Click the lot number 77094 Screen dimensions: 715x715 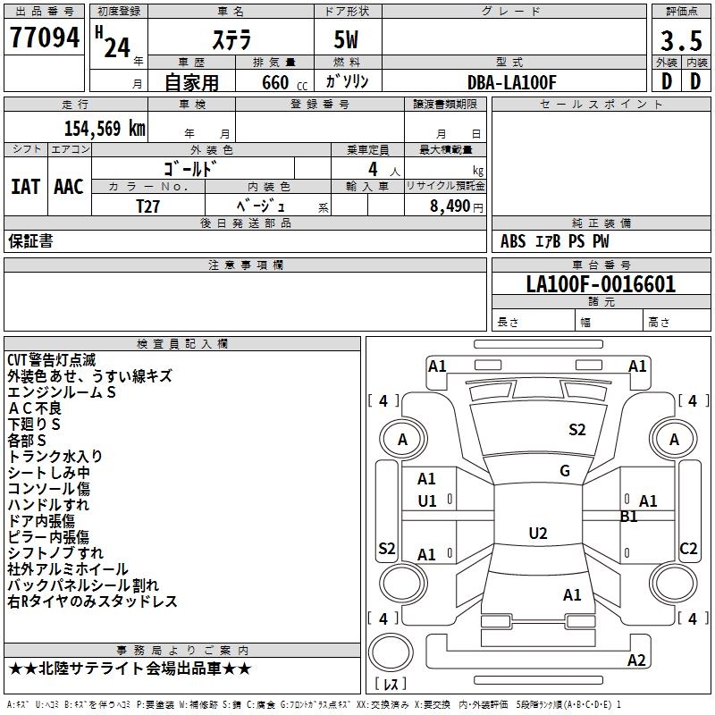[44, 38]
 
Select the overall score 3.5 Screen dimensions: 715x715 [681, 41]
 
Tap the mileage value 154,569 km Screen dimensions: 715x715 [105, 129]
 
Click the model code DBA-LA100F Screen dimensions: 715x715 [511, 82]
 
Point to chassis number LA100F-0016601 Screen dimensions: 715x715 [601, 284]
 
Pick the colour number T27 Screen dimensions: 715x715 [147, 206]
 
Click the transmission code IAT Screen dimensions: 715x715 [25, 187]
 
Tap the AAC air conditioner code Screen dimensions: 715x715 [69, 187]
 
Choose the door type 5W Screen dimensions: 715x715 [347, 41]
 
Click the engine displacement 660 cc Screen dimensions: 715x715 [269, 82]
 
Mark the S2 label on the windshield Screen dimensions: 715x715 [577, 430]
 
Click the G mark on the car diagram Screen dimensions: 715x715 [565, 471]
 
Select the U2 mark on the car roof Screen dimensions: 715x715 [538, 534]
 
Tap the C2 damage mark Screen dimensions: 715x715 [688, 549]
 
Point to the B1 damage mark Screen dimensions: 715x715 [629, 516]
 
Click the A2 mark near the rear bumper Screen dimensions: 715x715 [636, 660]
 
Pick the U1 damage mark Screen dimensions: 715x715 [427, 500]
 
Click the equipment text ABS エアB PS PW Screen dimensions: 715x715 [554, 241]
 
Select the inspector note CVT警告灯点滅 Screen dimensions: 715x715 [51, 360]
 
